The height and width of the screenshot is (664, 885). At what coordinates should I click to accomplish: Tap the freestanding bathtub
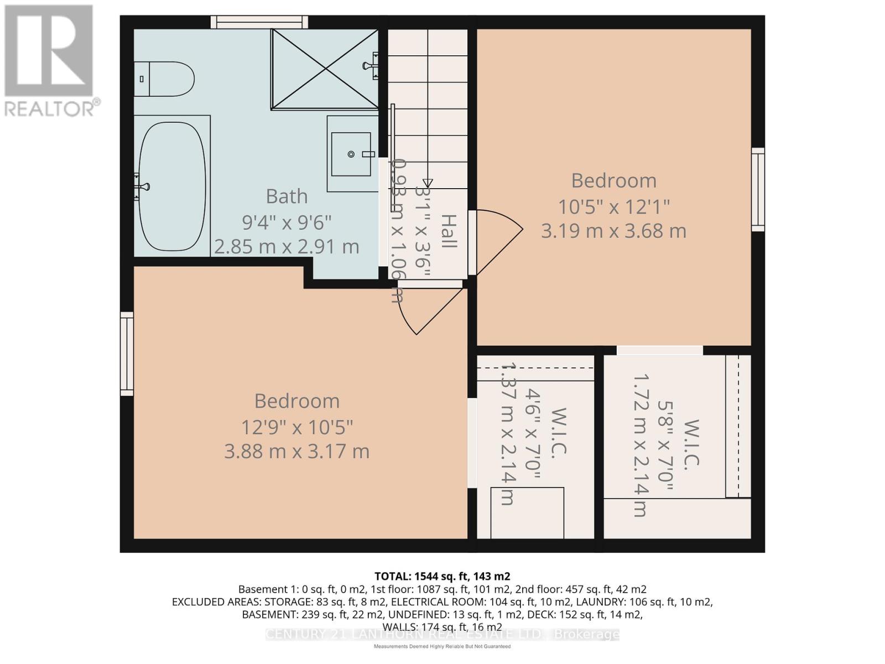172,186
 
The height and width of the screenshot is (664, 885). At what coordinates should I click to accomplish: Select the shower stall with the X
325,69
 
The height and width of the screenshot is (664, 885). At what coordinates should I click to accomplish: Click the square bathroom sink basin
351,154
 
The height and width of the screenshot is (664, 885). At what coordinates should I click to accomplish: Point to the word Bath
287,196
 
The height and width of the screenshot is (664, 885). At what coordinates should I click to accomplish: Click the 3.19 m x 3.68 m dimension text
613,231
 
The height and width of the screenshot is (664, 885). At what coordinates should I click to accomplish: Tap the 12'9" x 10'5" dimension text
296,427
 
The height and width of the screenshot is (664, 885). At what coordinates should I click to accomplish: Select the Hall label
449,231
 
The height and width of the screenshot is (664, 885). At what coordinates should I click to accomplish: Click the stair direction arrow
427,183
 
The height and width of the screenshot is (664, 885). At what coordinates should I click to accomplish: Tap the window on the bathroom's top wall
259,22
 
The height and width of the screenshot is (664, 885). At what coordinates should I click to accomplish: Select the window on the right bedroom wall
758,190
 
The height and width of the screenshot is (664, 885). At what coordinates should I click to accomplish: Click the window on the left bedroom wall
127,354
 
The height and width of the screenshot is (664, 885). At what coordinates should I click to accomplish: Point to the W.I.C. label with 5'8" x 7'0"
691,445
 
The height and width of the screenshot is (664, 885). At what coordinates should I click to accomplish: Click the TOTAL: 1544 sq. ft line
442,576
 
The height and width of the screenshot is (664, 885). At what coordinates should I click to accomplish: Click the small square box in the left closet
528,512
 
